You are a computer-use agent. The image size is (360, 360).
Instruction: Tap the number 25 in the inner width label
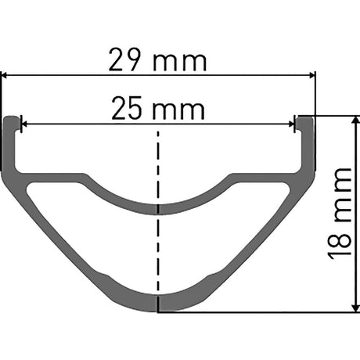point(127,108)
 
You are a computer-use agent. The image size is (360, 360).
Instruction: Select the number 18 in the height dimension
point(339,245)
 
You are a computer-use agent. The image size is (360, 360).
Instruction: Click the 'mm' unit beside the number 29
point(180,63)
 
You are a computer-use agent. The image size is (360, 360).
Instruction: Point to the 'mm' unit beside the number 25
point(178,111)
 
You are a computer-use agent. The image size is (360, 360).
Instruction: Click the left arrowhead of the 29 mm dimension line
point(5,75)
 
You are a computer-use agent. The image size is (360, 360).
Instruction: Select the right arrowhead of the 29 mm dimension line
point(312,75)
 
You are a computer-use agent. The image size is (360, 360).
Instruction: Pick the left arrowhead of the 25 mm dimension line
point(24,124)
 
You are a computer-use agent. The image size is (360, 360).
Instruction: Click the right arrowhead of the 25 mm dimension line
point(291,124)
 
